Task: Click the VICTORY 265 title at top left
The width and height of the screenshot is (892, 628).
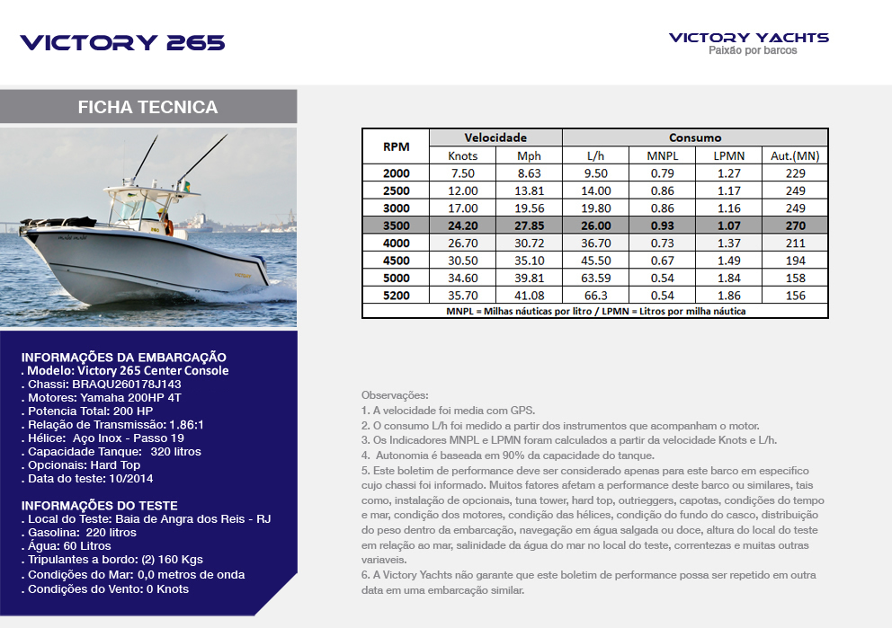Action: (x=122, y=42)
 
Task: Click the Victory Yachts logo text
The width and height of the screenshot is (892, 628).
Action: (x=748, y=38)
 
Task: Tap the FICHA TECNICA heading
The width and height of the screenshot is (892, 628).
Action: (x=147, y=107)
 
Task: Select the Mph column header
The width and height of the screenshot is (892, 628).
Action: (x=530, y=155)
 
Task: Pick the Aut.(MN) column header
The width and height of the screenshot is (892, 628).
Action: (x=795, y=155)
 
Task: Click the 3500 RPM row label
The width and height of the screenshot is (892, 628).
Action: (x=396, y=226)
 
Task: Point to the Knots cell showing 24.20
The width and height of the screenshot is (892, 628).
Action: (x=462, y=226)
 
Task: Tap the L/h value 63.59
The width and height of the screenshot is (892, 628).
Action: (x=596, y=278)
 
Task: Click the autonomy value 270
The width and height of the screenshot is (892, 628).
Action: (x=795, y=226)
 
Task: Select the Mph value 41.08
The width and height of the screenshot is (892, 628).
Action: (x=530, y=296)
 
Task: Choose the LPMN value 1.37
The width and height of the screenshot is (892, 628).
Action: (x=728, y=243)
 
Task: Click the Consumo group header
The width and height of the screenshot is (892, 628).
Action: (x=694, y=137)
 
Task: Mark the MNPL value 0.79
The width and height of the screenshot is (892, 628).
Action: (x=662, y=173)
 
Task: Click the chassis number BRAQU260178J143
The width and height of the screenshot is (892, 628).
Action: (x=127, y=384)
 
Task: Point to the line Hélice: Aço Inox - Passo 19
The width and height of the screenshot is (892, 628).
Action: (x=106, y=438)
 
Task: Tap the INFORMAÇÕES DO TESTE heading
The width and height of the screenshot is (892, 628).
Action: (x=99, y=505)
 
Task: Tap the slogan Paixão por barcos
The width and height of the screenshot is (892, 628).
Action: (x=753, y=51)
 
